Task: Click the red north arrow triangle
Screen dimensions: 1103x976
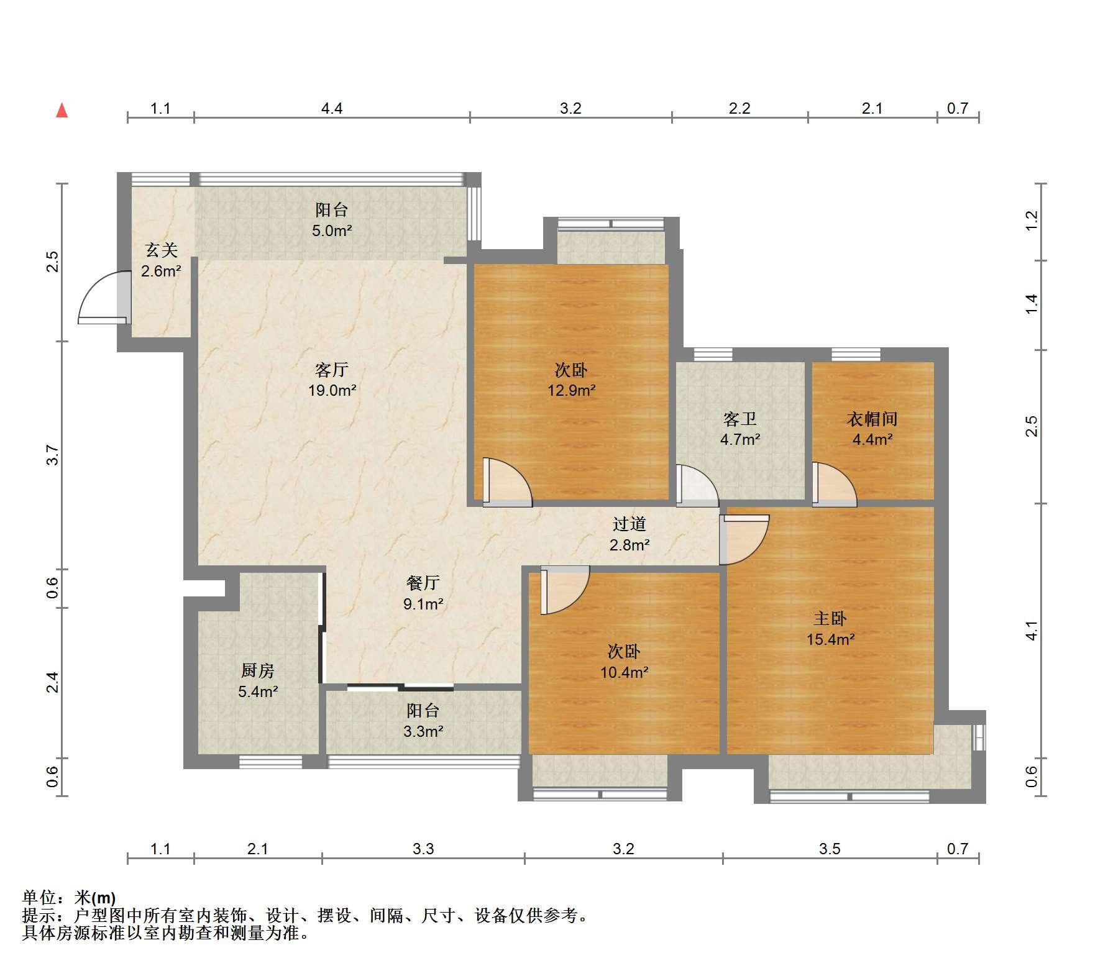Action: point(62,111)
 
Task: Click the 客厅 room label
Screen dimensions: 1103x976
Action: point(332,370)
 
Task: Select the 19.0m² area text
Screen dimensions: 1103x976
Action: point(332,391)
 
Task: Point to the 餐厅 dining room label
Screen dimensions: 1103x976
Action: point(423,583)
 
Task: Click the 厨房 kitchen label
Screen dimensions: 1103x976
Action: point(258,670)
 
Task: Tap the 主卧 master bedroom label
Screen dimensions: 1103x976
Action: point(830,618)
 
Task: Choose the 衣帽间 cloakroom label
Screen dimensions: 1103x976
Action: point(872,419)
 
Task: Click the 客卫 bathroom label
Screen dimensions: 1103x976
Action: point(740,419)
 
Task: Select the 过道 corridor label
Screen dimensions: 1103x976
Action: point(629,524)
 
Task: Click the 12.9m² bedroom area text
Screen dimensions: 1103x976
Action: point(572,391)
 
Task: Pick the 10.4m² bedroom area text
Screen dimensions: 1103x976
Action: point(625,672)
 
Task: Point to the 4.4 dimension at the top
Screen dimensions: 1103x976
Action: point(332,109)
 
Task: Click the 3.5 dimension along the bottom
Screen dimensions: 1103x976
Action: point(830,849)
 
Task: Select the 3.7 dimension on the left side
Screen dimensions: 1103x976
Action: point(53,455)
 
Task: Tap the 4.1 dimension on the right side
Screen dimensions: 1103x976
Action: point(1032,631)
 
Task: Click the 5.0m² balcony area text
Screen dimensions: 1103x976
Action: point(332,231)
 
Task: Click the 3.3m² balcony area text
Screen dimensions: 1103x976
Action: point(423,732)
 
